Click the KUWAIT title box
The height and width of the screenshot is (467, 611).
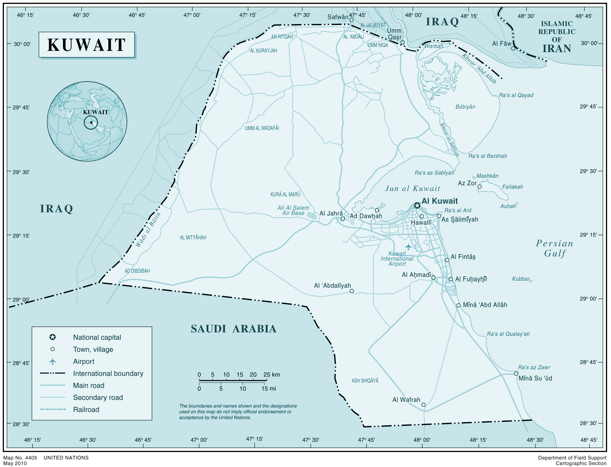(x=86, y=45)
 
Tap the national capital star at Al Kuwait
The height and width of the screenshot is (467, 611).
(x=417, y=205)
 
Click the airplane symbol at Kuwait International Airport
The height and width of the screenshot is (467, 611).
(x=408, y=247)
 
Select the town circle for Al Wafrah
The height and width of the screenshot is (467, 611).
(x=423, y=405)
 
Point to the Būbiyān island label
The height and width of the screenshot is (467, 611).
(x=465, y=107)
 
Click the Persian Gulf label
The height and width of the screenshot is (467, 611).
(x=555, y=248)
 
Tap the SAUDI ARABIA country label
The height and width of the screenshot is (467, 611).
(x=233, y=329)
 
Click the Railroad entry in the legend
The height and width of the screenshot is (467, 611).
(x=86, y=409)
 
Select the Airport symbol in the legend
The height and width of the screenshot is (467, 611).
(x=53, y=361)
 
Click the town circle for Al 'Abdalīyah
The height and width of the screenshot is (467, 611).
(x=352, y=291)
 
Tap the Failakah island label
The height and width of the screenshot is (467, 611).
(x=512, y=187)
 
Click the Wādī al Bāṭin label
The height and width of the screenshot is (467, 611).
(x=148, y=230)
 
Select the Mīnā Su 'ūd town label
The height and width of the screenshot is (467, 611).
(x=535, y=378)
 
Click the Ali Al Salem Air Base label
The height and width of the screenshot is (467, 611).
(x=293, y=210)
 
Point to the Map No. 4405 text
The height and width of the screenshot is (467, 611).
(x=20, y=458)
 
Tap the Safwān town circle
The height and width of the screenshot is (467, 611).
(x=351, y=20)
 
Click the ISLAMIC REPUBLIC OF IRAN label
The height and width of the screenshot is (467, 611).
(x=557, y=37)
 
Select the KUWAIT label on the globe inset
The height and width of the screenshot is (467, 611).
(x=96, y=112)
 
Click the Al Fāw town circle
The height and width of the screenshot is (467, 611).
(x=513, y=48)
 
